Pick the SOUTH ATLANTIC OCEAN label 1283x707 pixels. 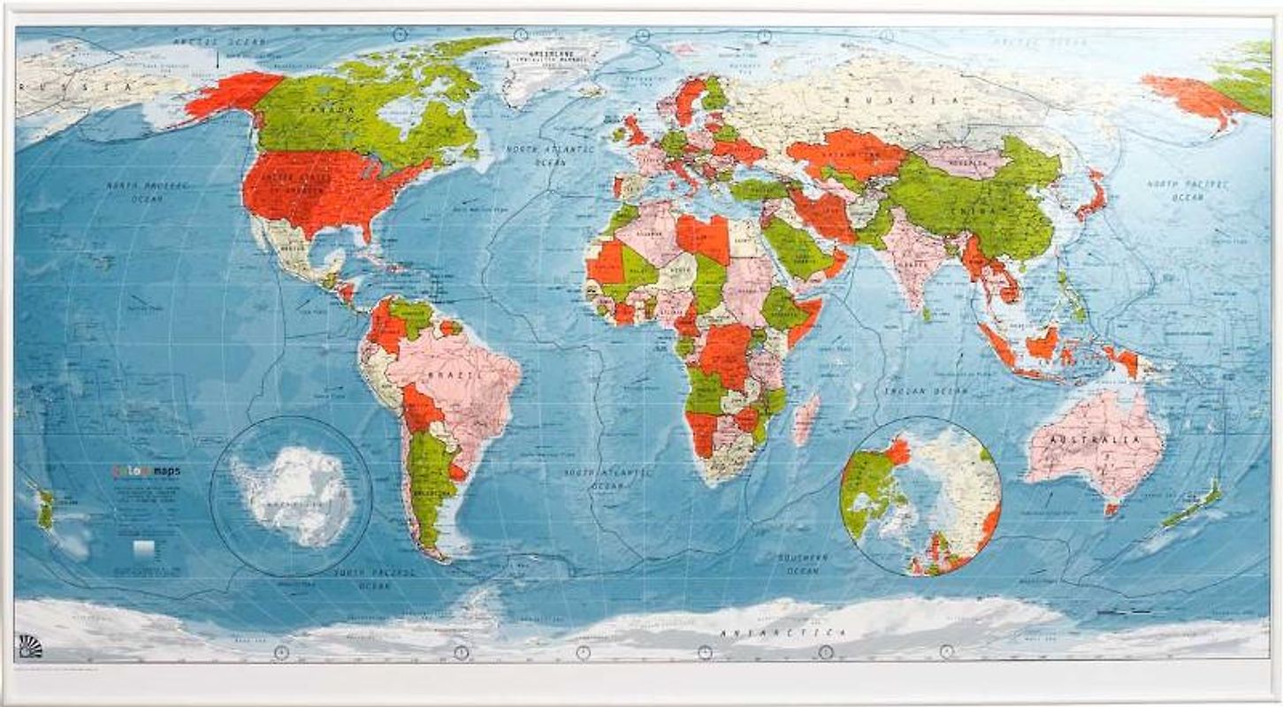point(608,478)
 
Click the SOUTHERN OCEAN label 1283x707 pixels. point(802,564)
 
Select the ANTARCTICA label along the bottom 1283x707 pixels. point(784,633)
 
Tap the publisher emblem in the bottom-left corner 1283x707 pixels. point(30,647)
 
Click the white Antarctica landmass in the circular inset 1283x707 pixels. point(294,495)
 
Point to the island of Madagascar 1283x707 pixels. point(805,419)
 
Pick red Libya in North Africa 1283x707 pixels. point(703,236)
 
